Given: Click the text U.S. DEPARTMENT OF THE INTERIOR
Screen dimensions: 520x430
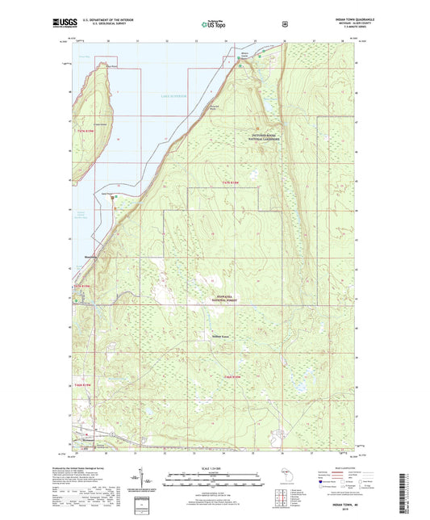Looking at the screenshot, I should pos(106,21).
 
